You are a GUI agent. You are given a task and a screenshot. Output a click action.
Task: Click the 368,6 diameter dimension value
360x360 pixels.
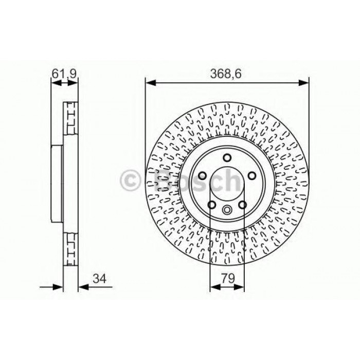coord(226,74)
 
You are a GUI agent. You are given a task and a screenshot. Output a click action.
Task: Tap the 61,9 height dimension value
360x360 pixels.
coord(64,74)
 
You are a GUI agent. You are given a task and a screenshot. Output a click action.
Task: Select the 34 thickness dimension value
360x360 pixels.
coord(100,279)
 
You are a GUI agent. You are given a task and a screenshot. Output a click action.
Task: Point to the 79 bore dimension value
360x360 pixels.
coord(228,278)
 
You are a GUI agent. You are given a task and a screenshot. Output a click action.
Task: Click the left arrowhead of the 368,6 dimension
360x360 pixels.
coord(151,83)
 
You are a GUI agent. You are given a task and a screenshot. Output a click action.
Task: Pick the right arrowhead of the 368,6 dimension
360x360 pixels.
coord(303,83)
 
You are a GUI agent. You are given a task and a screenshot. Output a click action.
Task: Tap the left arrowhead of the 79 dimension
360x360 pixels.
coord(215,287)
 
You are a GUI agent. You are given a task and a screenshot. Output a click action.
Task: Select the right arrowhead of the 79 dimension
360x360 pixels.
coord(239,287)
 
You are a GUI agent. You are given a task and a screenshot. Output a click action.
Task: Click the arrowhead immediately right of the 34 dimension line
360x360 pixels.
coord(83,287)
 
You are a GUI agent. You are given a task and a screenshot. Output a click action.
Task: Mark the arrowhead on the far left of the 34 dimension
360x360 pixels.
coord(58,287)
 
